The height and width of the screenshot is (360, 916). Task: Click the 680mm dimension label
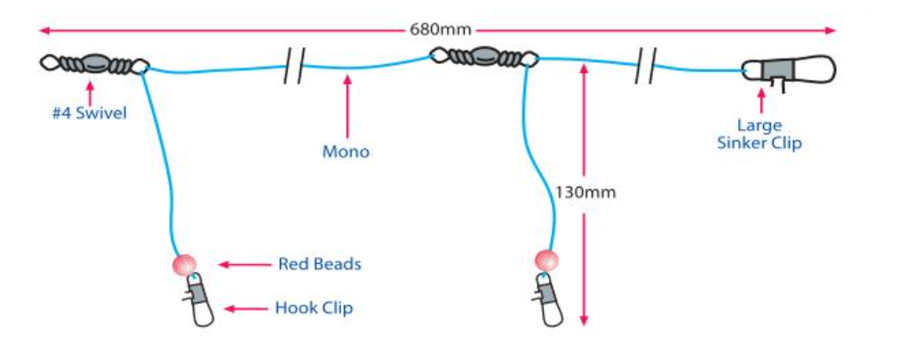coord(439,29)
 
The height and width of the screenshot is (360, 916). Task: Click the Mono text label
coord(346,152)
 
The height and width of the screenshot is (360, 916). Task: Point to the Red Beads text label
coord(320,264)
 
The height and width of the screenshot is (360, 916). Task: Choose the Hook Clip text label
coord(314,308)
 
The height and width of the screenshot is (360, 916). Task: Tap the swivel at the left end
coord(94,64)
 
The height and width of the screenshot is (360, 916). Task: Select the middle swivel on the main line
coord(484,59)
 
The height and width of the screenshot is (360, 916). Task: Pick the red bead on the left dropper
coord(184,264)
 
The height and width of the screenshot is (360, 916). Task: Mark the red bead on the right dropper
coord(547,260)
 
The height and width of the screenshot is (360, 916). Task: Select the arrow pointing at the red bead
coord(239,264)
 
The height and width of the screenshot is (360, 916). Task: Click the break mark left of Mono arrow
coord(294,68)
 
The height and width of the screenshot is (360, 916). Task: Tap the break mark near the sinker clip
coord(645,68)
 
